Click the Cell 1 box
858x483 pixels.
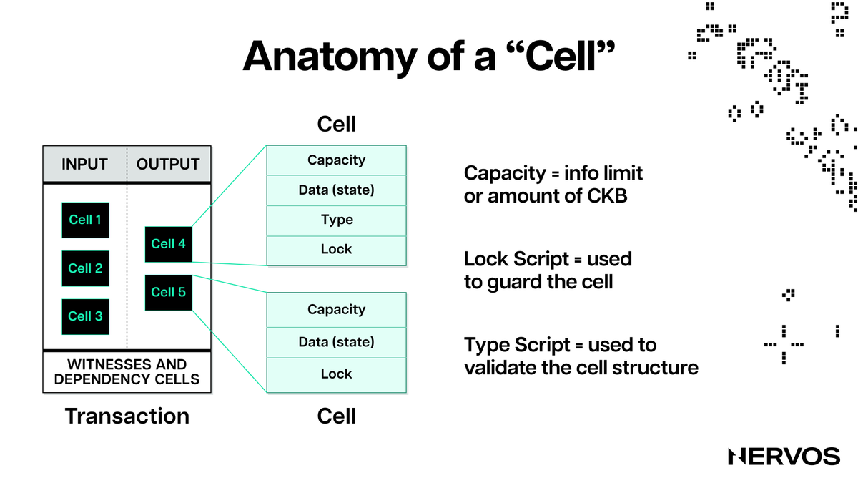click(85, 220)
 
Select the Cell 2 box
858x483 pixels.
click(85, 268)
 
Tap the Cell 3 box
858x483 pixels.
click(85, 316)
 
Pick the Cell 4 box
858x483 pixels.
click(169, 244)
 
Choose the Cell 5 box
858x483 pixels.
click(169, 292)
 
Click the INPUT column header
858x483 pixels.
click(84, 164)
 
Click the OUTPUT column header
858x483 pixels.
click(168, 164)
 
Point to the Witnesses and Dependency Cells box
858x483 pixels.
click(127, 372)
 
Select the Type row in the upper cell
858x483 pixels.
click(337, 220)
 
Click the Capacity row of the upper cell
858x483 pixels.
click(337, 160)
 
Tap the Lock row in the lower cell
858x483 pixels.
click(337, 374)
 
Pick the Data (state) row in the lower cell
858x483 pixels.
click(337, 341)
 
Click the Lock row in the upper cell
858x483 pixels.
click(337, 249)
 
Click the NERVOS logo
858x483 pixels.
click(784, 457)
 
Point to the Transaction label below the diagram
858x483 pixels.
click(127, 416)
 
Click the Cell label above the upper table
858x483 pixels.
click(337, 124)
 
